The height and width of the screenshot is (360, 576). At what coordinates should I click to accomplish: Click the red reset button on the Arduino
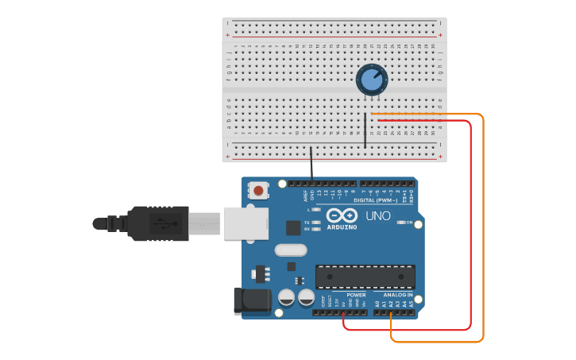(258, 191)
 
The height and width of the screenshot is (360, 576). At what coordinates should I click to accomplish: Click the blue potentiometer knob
(370, 79)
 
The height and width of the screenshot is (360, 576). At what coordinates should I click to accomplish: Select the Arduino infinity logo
(341, 215)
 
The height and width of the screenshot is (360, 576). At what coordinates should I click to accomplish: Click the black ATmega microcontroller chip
(365, 276)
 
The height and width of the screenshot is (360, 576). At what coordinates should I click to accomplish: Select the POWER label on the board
(356, 295)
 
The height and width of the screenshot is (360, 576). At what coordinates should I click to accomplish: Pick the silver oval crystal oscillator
(291, 250)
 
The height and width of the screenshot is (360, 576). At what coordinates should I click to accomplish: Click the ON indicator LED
(400, 223)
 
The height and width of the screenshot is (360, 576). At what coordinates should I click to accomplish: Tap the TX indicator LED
(317, 222)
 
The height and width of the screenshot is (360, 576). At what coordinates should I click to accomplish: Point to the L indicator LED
(317, 209)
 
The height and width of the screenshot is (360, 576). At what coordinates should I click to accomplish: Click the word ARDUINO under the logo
(342, 227)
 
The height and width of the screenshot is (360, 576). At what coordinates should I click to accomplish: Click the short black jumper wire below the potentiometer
(365, 130)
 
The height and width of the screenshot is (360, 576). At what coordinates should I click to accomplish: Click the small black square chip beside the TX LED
(293, 227)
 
